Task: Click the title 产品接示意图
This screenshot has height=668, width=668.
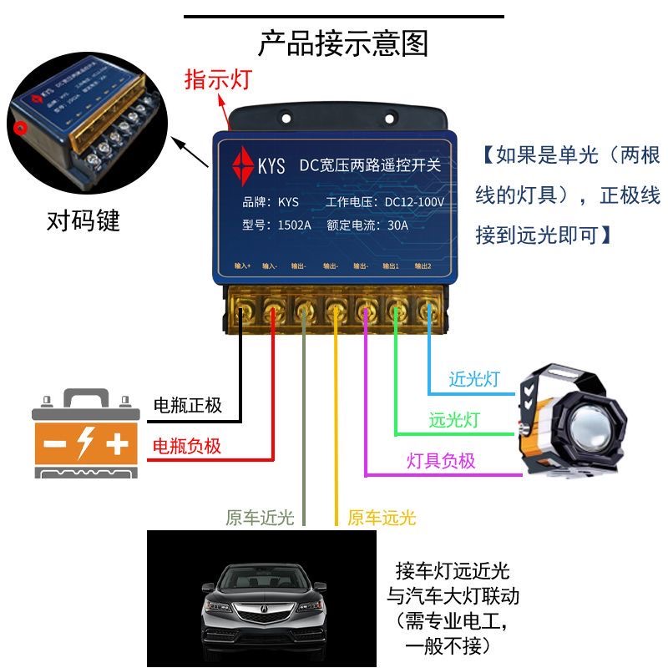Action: (342, 43)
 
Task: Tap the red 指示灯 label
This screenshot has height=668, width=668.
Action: (218, 80)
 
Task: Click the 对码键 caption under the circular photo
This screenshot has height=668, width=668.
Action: (83, 221)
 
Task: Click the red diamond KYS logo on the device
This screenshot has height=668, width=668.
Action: (245, 164)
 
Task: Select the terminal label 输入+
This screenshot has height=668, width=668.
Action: (242, 266)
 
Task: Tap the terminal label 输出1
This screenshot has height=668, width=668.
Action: (391, 266)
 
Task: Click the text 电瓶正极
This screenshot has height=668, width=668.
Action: (188, 406)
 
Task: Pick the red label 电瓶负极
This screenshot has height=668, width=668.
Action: (187, 446)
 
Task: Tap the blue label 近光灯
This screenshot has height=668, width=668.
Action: (474, 378)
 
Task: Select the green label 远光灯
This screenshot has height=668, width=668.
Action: (455, 420)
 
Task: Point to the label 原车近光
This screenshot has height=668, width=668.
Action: (260, 518)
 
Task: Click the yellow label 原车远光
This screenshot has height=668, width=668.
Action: (382, 518)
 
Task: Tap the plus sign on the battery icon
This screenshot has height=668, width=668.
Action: (118, 443)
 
